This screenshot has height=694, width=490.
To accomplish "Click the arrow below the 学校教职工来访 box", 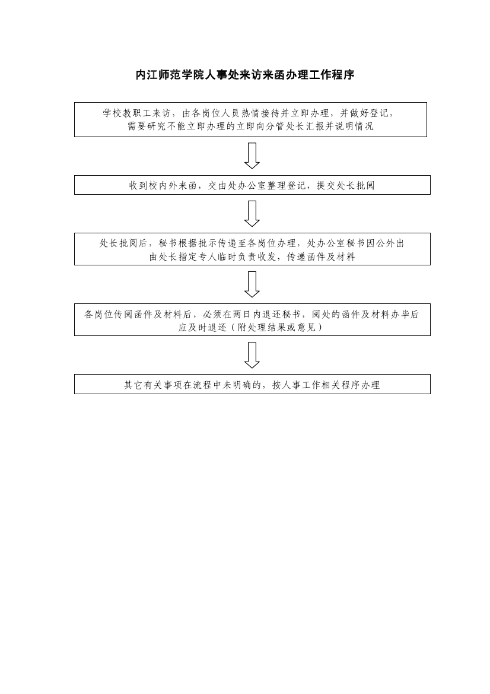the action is [252, 156].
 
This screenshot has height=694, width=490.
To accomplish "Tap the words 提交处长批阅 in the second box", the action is [346, 185].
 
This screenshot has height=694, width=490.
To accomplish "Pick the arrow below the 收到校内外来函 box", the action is [252, 214].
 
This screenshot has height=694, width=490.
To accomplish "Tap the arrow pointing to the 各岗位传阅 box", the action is [252, 284].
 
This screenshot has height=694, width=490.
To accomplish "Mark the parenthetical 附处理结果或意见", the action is [277, 328].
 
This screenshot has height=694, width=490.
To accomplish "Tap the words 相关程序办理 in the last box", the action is [350, 385].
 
